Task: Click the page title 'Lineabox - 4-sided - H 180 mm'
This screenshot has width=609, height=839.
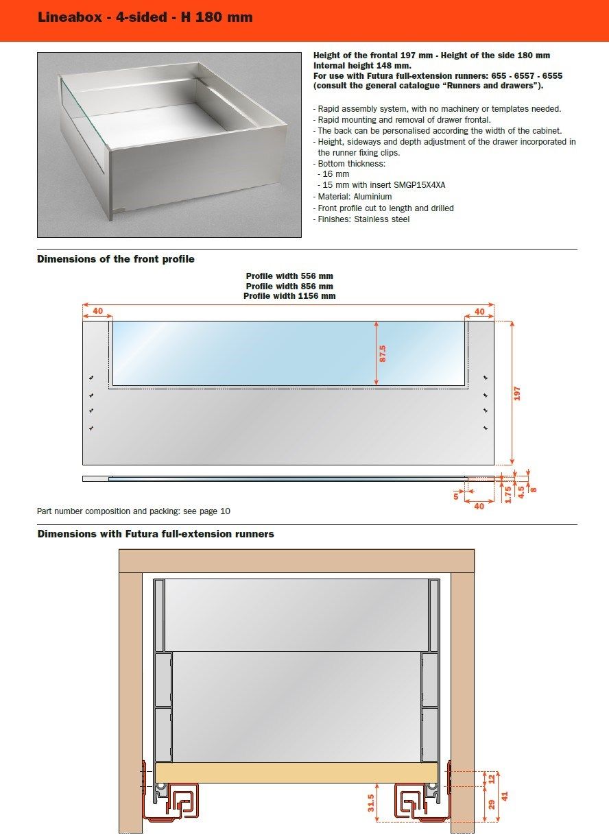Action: (145, 18)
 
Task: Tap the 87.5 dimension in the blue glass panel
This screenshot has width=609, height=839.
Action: (383, 352)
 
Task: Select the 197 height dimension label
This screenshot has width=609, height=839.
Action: (518, 393)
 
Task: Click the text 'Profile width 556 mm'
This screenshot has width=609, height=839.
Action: (289, 276)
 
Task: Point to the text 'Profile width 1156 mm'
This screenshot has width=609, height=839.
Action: (289, 296)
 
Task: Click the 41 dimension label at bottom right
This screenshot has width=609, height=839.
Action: (505, 797)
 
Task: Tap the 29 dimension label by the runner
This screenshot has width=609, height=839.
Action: (491, 803)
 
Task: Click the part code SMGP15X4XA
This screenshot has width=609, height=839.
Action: (424, 185)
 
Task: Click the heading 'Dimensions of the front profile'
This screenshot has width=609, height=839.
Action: (116, 259)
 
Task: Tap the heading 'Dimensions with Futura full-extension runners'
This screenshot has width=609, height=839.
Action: (156, 534)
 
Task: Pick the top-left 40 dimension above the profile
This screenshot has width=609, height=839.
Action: (98, 311)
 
